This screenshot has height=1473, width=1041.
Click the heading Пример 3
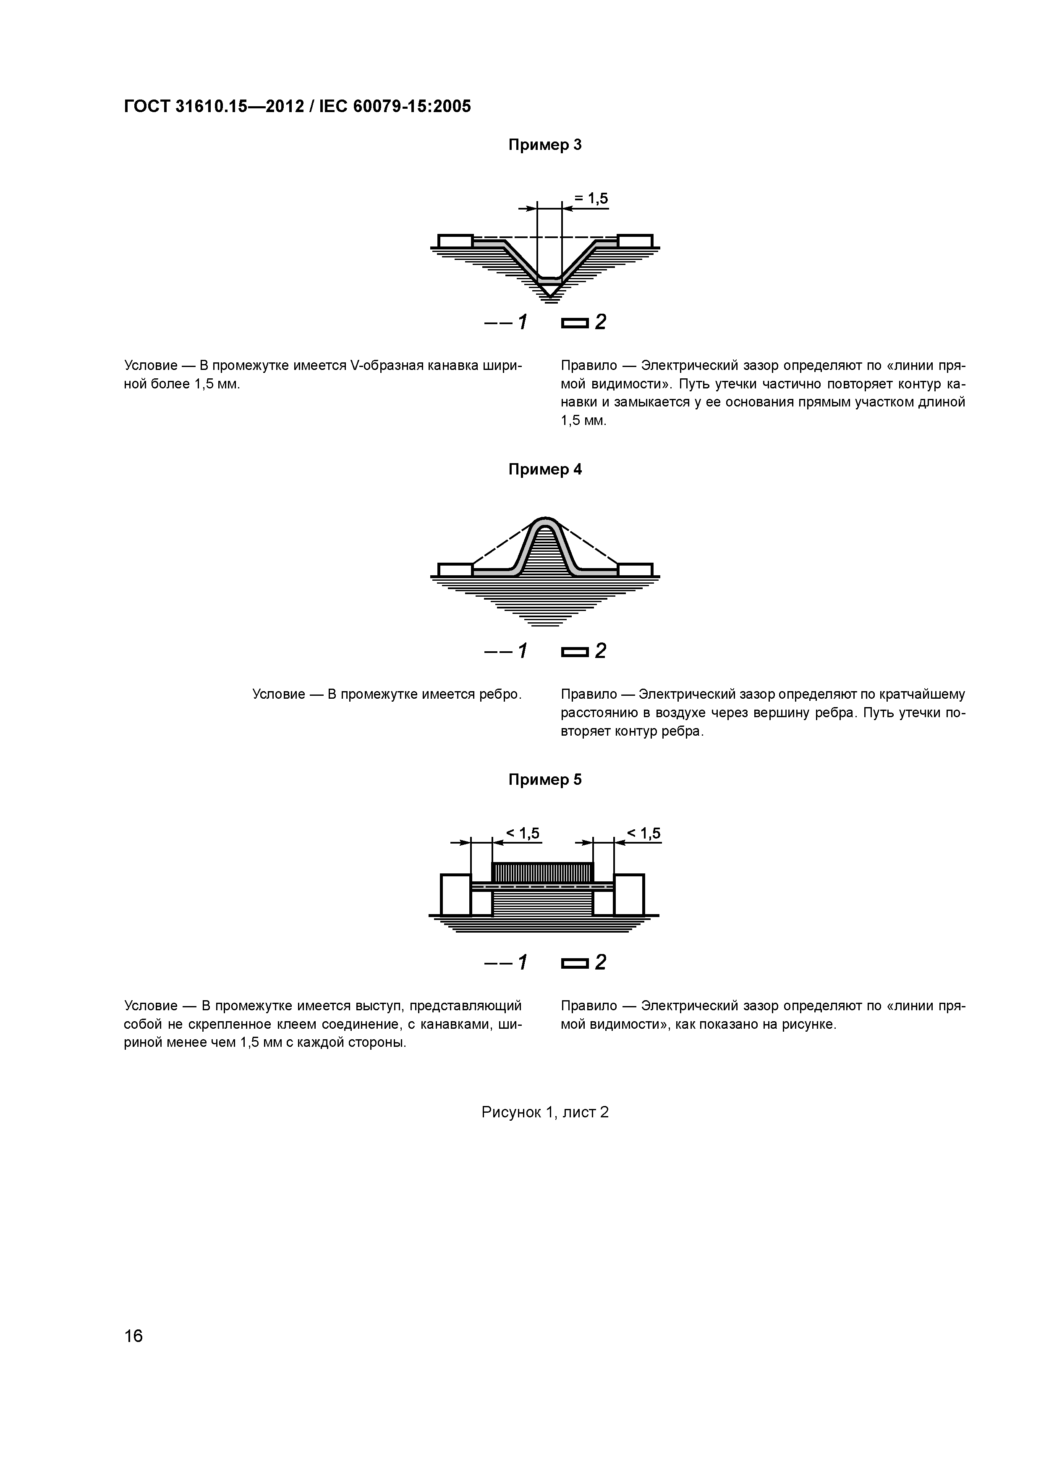click(x=544, y=145)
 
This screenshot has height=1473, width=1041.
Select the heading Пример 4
click(x=544, y=469)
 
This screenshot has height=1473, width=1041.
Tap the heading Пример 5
click(x=544, y=779)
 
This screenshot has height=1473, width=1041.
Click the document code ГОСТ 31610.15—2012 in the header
click(x=214, y=107)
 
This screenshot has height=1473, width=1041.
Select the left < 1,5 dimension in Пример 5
click(x=523, y=833)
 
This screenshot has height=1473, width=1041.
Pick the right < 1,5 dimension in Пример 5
click(x=643, y=833)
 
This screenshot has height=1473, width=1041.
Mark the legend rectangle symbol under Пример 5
click(x=574, y=963)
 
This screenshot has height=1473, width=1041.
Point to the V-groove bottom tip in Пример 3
click(x=549, y=296)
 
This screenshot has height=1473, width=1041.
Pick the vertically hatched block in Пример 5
click(x=543, y=873)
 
